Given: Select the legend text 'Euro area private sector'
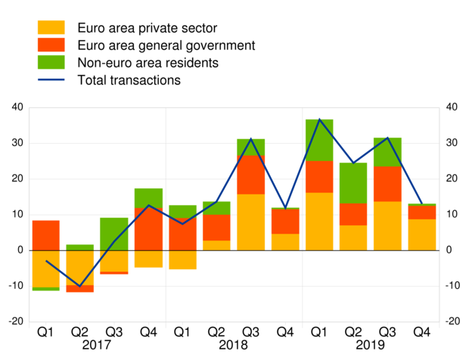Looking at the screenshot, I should click(x=148, y=29).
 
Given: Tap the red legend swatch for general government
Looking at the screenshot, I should click(x=51, y=45).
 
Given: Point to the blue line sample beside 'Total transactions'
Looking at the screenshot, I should click(x=51, y=79).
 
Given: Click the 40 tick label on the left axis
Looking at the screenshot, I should click(x=17, y=107).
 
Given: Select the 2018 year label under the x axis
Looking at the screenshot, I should click(x=234, y=345).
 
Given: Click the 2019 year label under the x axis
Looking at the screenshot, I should click(x=371, y=345).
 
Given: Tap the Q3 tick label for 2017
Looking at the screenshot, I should click(x=113, y=331).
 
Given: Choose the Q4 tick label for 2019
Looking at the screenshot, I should click(x=421, y=331).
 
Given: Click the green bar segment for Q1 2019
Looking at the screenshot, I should click(x=319, y=140).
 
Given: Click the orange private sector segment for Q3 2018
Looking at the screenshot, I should click(x=250, y=222).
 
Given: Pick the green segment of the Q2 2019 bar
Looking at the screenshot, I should click(x=353, y=183).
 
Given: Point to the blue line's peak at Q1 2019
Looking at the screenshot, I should click(x=319, y=119).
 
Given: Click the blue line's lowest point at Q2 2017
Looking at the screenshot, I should click(x=79, y=287).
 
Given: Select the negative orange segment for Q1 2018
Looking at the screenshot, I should click(x=182, y=259).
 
